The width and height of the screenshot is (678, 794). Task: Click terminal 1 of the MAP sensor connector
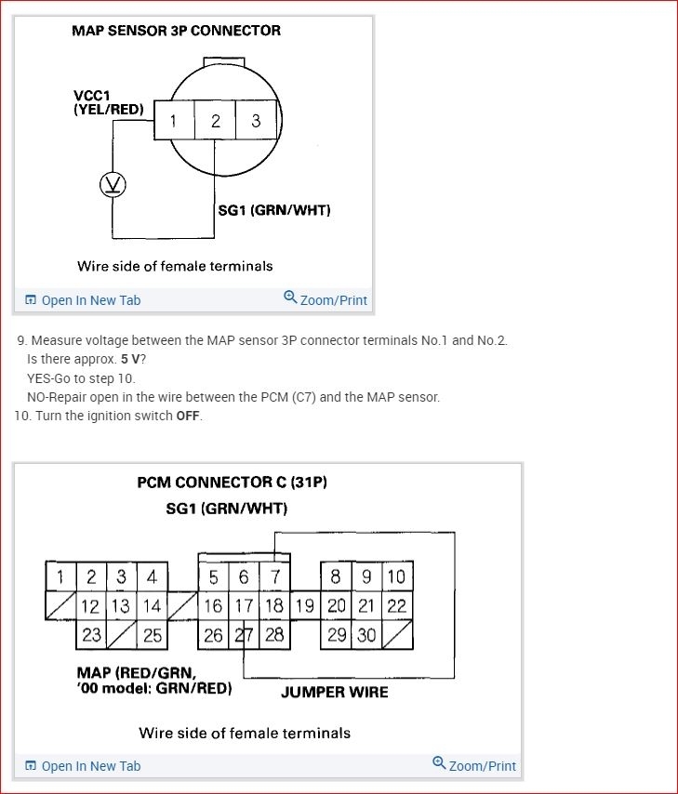click(173, 121)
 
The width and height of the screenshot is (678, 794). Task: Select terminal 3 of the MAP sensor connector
click(256, 121)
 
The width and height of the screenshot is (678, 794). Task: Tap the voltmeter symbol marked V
click(113, 185)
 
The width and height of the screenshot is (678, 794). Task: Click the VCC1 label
click(93, 96)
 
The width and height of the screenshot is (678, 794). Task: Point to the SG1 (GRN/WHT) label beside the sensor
click(273, 210)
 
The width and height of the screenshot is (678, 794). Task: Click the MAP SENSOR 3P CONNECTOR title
click(176, 31)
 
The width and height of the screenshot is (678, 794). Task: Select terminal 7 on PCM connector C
click(275, 576)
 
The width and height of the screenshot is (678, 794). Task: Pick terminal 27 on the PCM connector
click(244, 635)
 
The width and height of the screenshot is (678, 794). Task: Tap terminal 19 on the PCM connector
click(304, 606)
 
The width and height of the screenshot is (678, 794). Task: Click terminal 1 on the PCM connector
click(60, 576)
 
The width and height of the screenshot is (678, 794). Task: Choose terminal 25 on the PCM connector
click(152, 635)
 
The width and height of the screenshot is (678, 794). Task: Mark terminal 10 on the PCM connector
click(396, 576)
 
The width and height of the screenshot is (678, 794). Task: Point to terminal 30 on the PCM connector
click(366, 635)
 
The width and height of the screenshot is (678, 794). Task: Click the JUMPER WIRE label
click(334, 693)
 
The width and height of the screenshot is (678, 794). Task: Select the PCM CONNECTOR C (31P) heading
click(232, 483)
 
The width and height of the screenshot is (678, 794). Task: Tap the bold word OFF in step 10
click(188, 416)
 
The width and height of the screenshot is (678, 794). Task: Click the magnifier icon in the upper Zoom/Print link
click(290, 298)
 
